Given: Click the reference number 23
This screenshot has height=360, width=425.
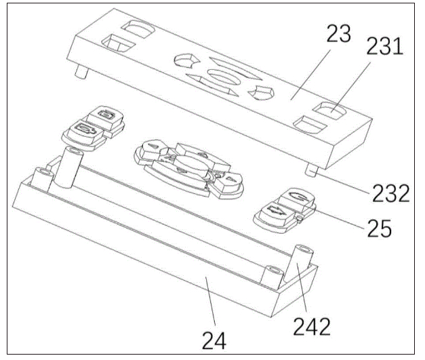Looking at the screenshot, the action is click(x=338, y=34).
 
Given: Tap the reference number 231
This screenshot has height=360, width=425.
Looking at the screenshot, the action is click(x=385, y=46).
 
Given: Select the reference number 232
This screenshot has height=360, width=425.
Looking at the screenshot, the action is click(x=390, y=193).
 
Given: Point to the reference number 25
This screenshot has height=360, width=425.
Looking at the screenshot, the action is click(x=380, y=228).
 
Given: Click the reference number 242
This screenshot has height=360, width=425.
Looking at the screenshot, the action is click(x=312, y=326).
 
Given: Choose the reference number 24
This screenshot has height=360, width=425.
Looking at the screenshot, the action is click(x=214, y=341).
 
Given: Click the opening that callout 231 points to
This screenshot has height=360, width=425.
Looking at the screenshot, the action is click(x=329, y=111).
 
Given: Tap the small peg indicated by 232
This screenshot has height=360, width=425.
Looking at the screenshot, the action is click(x=311, y=171).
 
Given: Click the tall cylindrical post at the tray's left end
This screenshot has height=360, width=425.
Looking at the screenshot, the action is click(x=68, y=167).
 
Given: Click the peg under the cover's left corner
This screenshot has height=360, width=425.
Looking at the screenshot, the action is click(x=81, y=72).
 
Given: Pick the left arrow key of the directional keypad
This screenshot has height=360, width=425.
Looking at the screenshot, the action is click(x=152, y=149).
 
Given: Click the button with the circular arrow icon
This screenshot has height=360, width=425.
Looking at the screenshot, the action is click(x=297, y=199).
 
